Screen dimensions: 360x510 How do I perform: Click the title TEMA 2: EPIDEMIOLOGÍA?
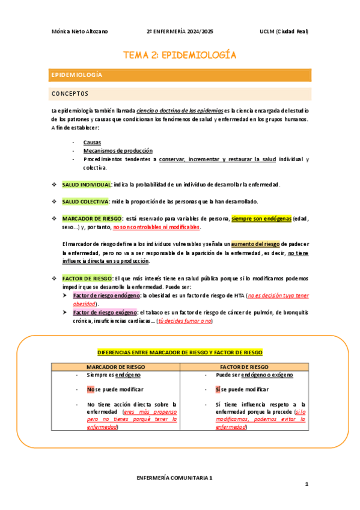tap(180, 55)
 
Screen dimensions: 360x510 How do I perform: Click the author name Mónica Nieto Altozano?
tap(81, 31)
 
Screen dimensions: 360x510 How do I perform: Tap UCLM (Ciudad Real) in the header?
tap(284, 31)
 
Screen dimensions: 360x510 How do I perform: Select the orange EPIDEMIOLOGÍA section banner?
tap(180, 75)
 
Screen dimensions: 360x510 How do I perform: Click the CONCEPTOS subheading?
tap(70, 94)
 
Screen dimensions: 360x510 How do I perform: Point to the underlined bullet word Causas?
tap(92, 143)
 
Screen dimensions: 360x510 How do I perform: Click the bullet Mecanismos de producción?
tap(118, 151)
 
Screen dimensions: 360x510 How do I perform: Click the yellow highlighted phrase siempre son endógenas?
tap(261, 218)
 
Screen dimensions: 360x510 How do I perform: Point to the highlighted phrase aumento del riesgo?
tap(255, 244)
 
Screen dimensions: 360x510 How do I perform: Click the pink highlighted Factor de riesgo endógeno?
tap(106, 296)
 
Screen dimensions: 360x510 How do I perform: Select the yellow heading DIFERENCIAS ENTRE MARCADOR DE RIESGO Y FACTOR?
tap(180, 352)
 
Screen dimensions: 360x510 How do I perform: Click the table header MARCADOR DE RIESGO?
tap(114, 366)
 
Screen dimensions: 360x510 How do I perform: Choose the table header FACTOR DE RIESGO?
tap(244, 366)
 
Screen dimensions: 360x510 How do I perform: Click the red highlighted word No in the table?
tap(90, 389)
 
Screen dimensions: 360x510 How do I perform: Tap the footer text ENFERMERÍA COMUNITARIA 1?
tap(174, 477)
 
